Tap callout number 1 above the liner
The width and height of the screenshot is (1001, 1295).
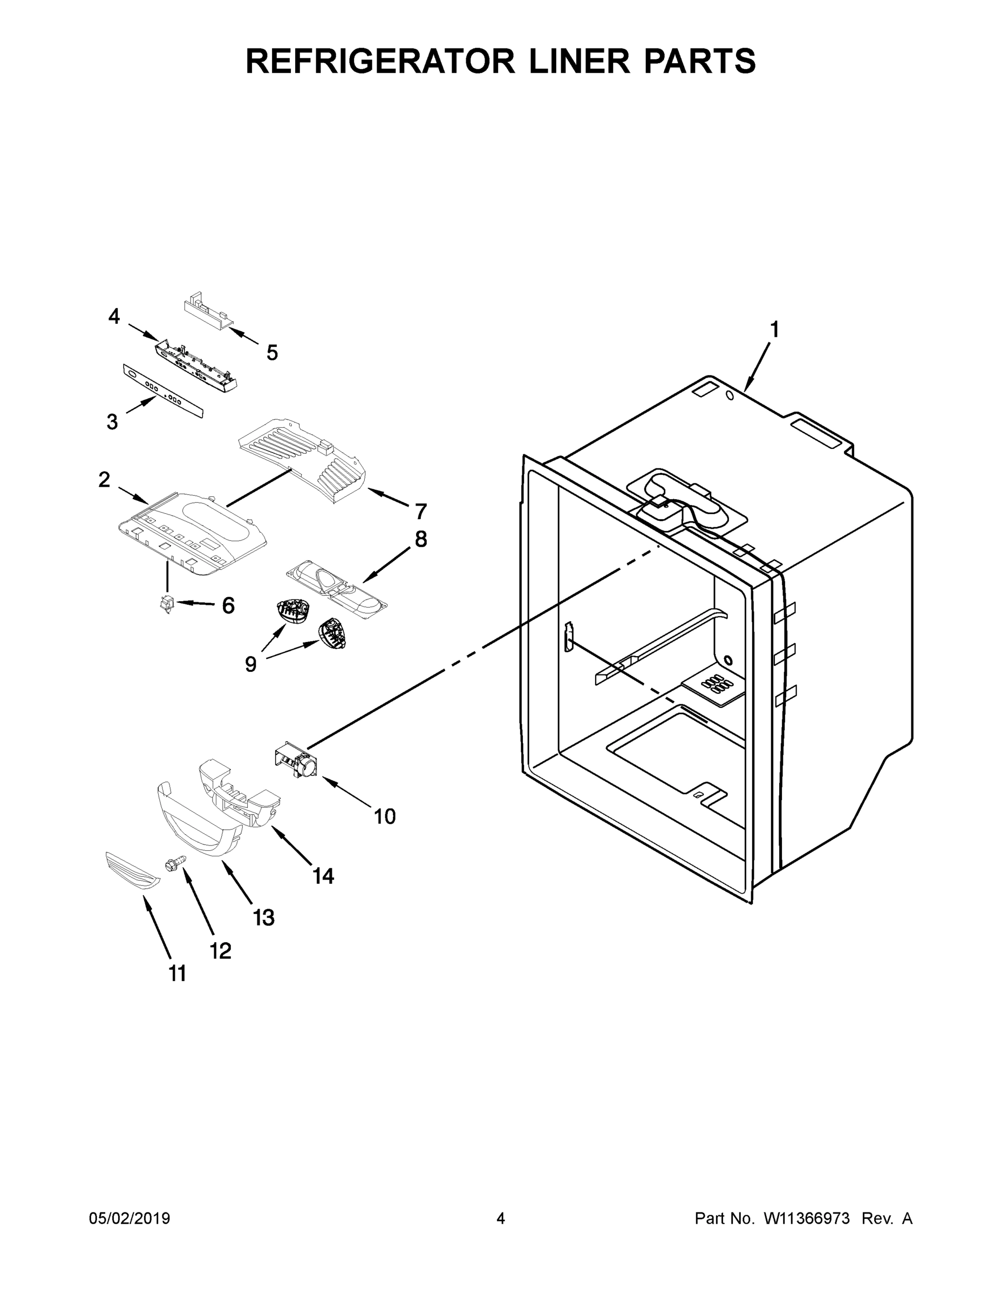coord(774,330)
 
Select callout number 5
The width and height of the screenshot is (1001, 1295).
coord(271,353)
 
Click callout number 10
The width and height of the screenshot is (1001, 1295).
coord(384,816)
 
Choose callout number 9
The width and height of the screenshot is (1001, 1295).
coord(250,664)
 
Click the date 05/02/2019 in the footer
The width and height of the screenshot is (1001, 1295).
coord(130,1218)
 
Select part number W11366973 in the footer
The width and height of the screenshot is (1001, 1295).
coord(807,1218)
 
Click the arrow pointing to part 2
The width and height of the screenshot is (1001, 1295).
coord(133,496)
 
